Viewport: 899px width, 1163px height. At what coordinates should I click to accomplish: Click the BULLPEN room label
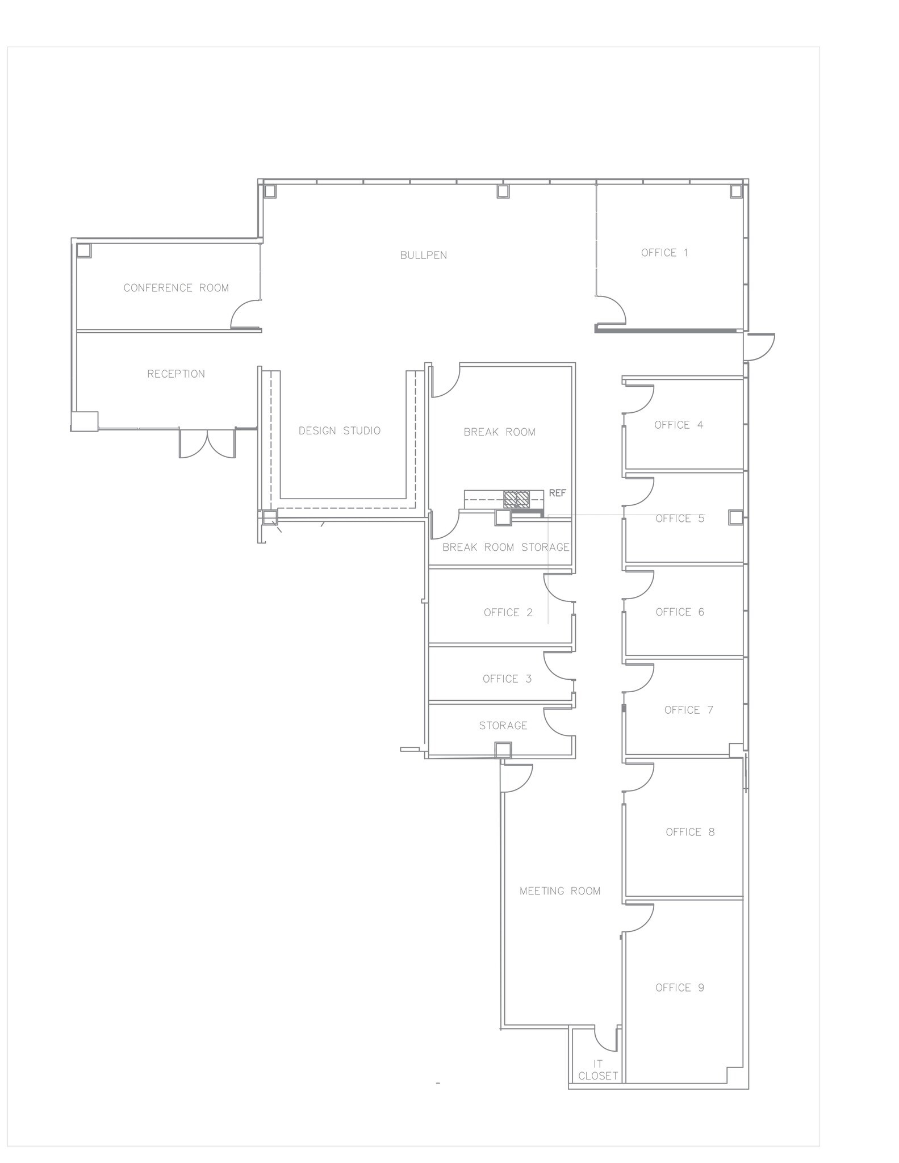point(423,256)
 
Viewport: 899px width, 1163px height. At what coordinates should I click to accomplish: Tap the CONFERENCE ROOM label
point(176,288)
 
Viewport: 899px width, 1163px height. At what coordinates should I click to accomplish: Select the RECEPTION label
point(176,374)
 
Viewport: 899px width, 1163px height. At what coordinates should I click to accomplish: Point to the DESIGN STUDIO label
point(340,431)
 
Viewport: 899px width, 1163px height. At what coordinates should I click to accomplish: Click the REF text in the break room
point(557,493)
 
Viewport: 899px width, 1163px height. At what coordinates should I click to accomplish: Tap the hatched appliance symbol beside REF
point(517,499)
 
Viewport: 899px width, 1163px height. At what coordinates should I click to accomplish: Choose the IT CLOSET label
point(597,1070)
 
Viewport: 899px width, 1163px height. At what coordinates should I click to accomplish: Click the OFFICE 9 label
point(679,988)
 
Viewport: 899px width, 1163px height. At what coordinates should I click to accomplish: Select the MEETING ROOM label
point(560,891)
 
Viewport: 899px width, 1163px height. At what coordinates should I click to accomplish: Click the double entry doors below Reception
point(207,443)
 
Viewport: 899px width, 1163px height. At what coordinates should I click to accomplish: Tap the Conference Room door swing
point(245,316)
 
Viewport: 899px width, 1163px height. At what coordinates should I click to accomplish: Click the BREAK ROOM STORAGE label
point(505,547)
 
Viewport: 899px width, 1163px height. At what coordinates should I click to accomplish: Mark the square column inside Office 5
point(735,517)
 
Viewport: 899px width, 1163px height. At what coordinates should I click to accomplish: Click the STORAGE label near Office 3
point(503,726)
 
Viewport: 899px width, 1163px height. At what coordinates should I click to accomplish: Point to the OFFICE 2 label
point(508,613)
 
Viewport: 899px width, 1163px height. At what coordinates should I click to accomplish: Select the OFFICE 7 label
point(688,710)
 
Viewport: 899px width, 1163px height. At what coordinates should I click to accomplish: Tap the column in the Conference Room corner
point(84,250)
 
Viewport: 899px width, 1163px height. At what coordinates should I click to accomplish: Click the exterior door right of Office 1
point(760,346)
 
